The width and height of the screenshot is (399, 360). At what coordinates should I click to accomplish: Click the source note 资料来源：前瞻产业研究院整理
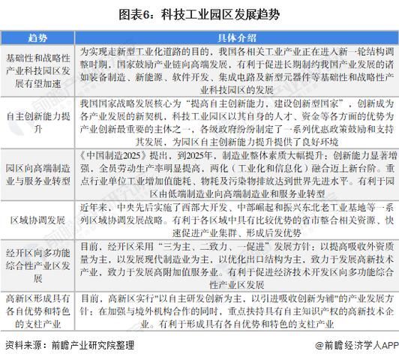70,346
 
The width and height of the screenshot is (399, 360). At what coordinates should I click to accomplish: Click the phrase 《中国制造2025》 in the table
112,152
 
